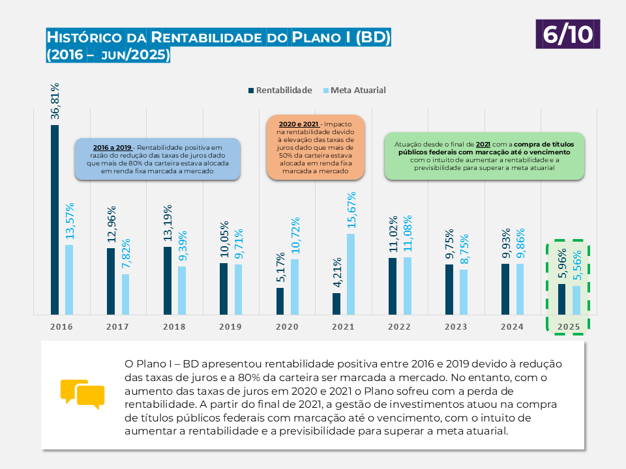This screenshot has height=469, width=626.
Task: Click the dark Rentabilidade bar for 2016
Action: [55, 220]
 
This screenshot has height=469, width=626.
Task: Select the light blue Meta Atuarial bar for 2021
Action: [351, 274]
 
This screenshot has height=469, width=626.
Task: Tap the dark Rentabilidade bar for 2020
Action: [280, 300]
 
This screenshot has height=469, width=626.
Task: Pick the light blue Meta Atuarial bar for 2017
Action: [125, 294]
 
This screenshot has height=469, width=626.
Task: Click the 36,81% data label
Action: [55, 101]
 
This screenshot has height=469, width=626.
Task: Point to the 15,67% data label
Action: [351, 210]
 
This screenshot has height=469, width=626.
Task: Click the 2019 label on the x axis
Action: [230, 327]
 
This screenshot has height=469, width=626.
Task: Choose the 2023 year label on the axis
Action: [456, 327]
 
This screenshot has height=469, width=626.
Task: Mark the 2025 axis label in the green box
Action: [568, 327]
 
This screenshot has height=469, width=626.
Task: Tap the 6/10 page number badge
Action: [568, 34]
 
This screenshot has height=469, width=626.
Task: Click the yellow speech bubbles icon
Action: [82, 394]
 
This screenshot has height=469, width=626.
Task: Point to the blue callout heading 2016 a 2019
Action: [113, 148]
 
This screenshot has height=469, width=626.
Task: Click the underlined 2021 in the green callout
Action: [483, 144]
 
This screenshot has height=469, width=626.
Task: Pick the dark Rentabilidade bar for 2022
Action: [393, 286]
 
